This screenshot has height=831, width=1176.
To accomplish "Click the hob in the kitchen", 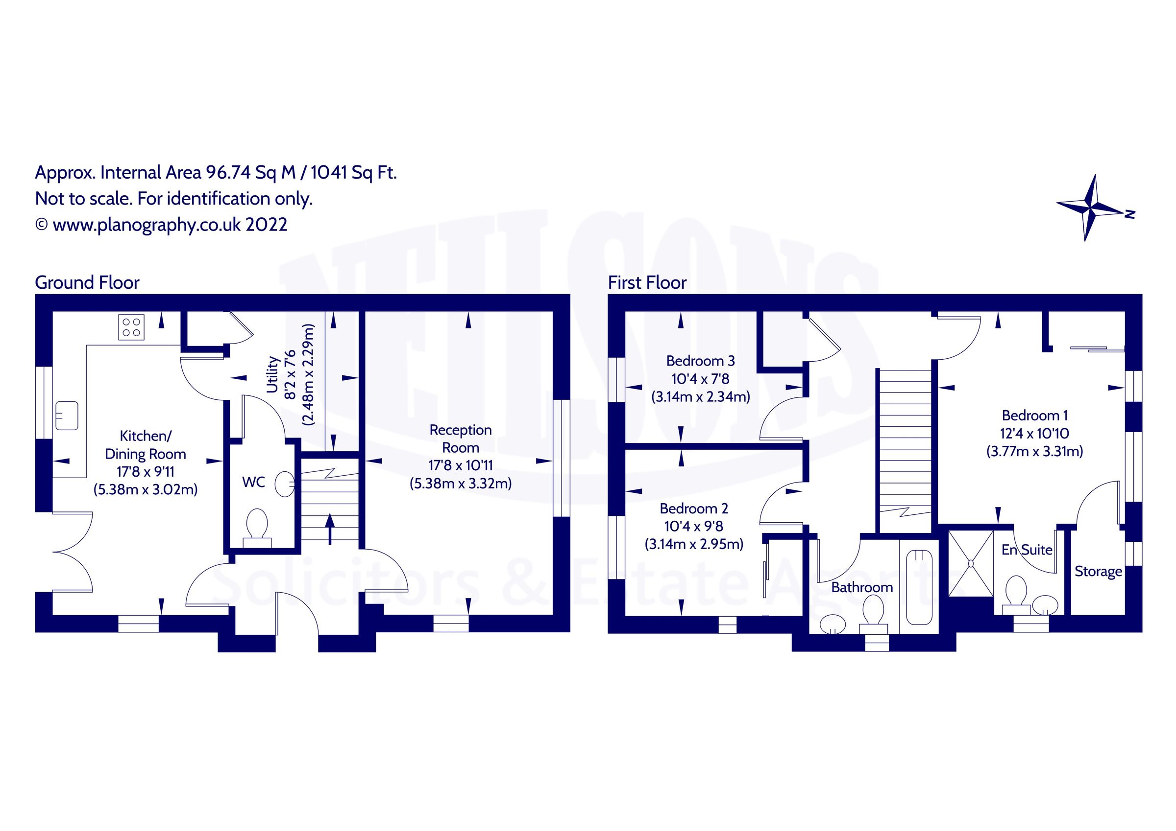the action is (x=132, y=327).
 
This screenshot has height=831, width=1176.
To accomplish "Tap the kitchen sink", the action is (x=67, y=415).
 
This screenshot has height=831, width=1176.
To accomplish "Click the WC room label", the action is (x=253, y=482).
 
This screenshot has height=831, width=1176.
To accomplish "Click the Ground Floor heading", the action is (x=87, y=282).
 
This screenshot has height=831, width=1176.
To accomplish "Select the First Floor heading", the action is (x=647, y=282).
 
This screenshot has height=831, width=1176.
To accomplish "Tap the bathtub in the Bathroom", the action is (x=919, y=587).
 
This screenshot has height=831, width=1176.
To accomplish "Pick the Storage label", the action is (x=1098, y=572).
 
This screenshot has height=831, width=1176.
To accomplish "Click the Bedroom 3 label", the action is (x=700, y=361).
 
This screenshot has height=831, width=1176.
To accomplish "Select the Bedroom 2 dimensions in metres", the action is (x=693, y=544).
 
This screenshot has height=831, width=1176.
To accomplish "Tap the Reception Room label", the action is (x=461, y=439).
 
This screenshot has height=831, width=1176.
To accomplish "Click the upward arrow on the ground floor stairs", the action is (x=330, y=529).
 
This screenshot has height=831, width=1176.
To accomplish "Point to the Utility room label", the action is (x=272, y=374).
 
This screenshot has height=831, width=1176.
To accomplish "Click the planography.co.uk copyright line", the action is (x=161, y=225).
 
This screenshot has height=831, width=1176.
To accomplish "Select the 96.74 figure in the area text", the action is (x=228, y=172).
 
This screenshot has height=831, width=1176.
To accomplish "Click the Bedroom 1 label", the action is (x=1034, y=415).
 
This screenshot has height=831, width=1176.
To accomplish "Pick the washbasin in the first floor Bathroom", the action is (x=833, y=624).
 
